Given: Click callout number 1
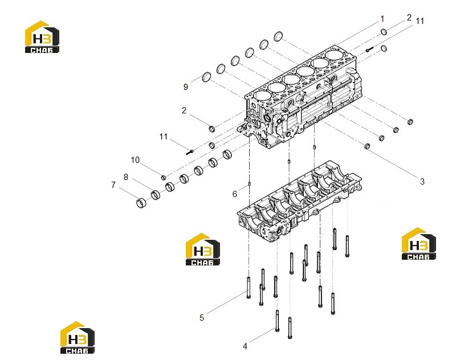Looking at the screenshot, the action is [x=382, y=19].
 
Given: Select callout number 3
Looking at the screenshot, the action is [x=422, y=182].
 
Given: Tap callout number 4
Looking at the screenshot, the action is [x=245, y=346].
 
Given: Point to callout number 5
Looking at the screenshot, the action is [x=202, y=318].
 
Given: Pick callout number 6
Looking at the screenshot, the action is [x=235, y=194].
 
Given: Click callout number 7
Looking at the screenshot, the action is [x=113, y=185].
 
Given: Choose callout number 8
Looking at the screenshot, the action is [x=126, y=177].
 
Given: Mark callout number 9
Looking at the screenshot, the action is [x=186, y=87].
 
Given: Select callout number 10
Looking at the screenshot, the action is [x=135, y=160].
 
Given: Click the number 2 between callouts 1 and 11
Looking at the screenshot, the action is [x=409, y=18].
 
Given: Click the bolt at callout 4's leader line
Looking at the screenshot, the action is [x=277, y=321].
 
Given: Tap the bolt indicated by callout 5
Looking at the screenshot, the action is [x=249, y=287].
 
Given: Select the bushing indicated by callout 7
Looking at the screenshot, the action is [x=141, y=203].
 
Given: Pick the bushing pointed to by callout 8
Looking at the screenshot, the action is [x=156, y=195].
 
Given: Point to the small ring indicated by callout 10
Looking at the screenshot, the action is [x=164, y=178].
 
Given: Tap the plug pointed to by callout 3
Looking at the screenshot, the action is [x=367, y=146].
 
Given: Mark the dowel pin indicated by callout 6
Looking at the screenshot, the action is [x=249, y=183].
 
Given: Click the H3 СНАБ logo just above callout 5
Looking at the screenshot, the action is [x=203, y=249].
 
